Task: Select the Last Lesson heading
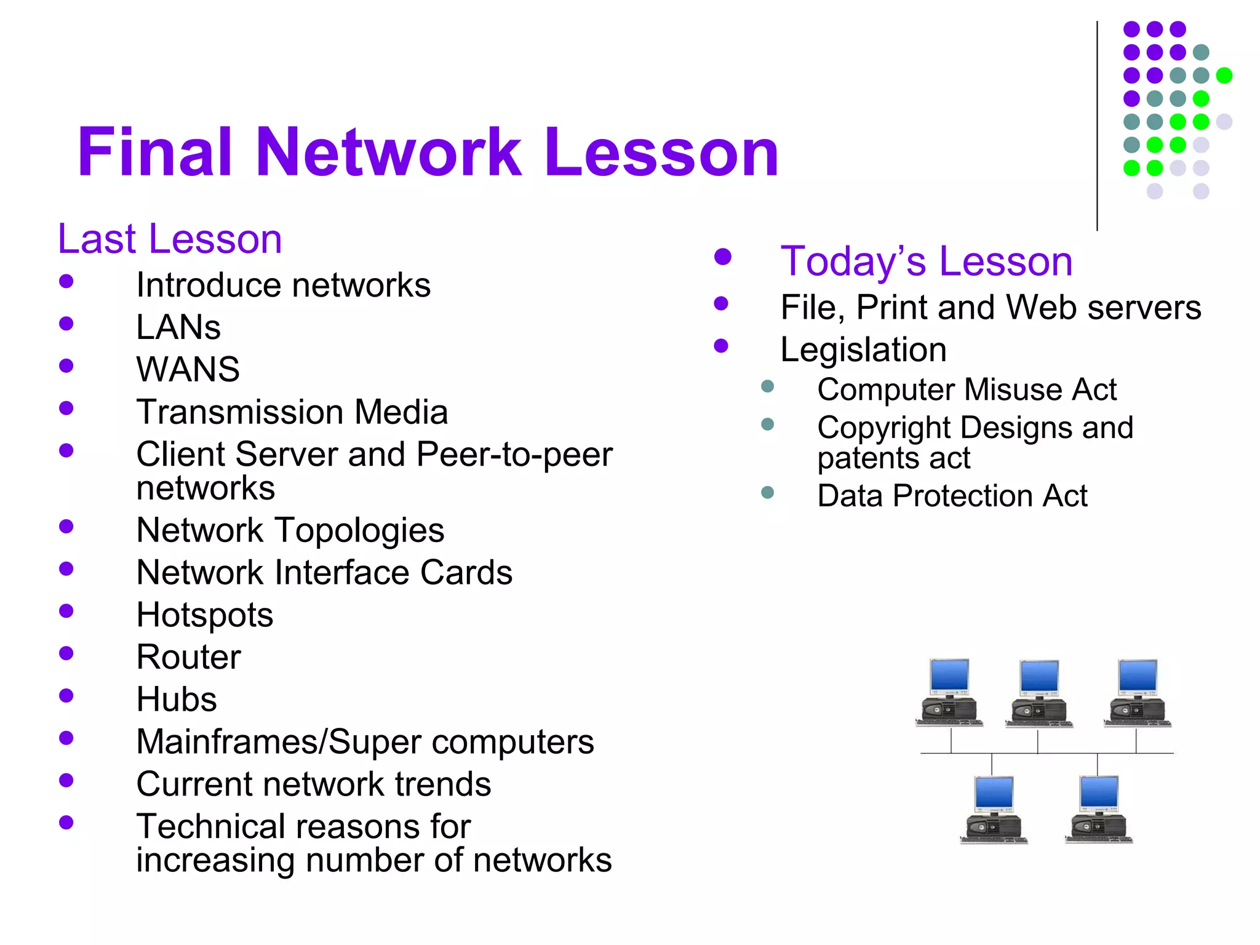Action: (170, 239)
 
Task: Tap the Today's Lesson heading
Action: (927, 261)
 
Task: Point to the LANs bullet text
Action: (178, 327)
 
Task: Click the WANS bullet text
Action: (188, 369)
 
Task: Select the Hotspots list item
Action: (205, 615)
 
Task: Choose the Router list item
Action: (189, 656)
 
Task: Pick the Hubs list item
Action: (177, 699)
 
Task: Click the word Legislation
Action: (863, 349)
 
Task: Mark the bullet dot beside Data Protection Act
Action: (767, 492)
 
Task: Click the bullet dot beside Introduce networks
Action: (66, 282)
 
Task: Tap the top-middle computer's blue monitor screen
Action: (1039, 677)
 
